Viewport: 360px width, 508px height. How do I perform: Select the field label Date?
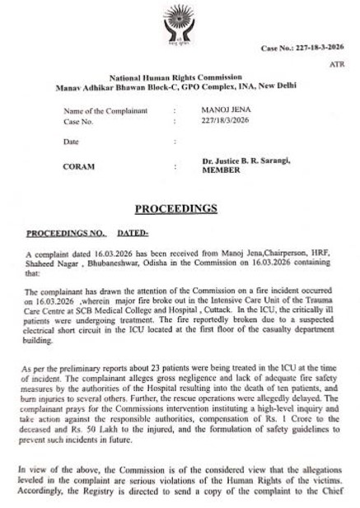(x=72, y=142)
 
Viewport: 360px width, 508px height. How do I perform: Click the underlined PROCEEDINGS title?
(x=180, y=208)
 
